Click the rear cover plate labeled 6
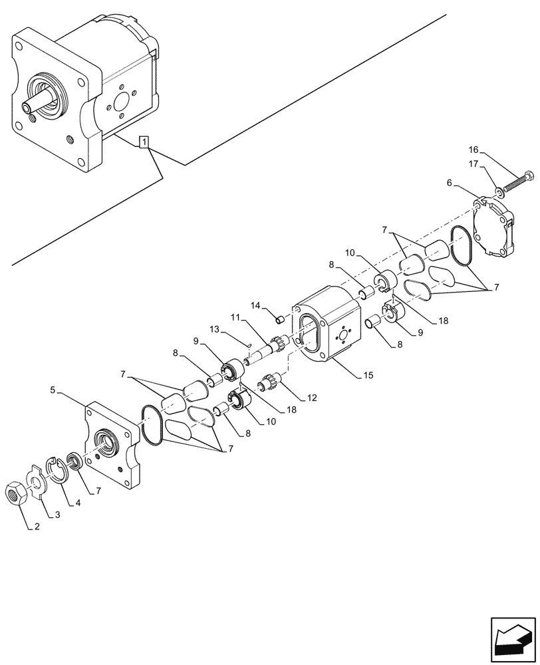tap(495, 229)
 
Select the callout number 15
tap(368, 376)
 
